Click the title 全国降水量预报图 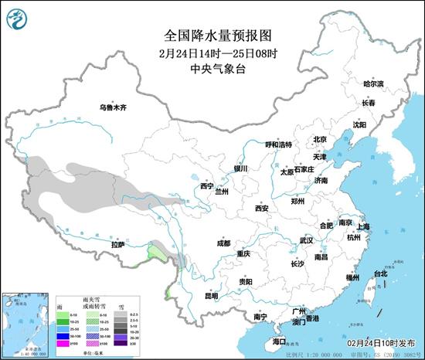pyautogui.click(x=212, y=35)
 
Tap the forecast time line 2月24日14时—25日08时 pyautogui.click(x=212, y=54)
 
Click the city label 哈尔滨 pyautogui.click(x=373, y=83)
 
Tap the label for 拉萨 pyautogui.click(x=117, y=245)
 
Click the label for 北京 pyautogui.click(x=319, y=140)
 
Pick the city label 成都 pyautogui.click(x=223, y=243)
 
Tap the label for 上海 pyautogui.click(x=364, y=226)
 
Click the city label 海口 pyautogui.click(x=279, y=341)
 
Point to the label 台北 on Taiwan pyautogui.click(x=380, y=273)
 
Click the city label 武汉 pyautogui.click(x=306, y=240)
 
